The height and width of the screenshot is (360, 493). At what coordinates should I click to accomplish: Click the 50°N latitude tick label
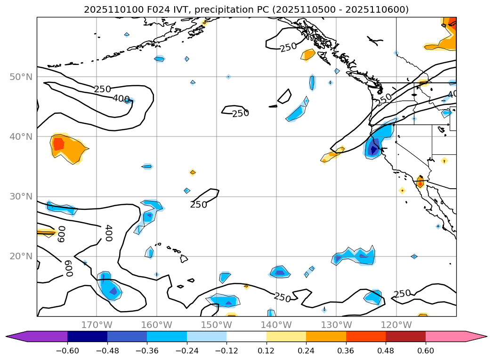(x=21, y=77)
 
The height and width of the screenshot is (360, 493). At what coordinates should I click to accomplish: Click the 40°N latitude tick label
(x=21, y=136)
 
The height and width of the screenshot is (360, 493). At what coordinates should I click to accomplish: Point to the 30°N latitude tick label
(x=21, y=197)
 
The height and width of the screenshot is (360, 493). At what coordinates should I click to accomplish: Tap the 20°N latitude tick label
(x=21, y=256)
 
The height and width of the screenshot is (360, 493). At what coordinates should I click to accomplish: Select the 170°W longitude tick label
(x=97, y=325)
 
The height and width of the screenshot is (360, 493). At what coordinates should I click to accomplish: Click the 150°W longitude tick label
(x=216, y=325)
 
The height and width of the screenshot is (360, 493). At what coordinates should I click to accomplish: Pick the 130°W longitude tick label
(x=336, y=325)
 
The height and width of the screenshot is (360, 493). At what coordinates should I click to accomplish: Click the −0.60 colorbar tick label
(x=67, y=350)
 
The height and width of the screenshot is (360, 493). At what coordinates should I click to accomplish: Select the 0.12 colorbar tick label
(x=267, y=350)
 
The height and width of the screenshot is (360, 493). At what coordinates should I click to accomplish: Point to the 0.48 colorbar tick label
(x=386, y=350)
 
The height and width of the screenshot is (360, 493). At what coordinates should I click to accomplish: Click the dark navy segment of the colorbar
(x=87, y=336)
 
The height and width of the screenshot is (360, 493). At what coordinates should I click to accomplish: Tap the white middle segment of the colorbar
(x=246, y=336)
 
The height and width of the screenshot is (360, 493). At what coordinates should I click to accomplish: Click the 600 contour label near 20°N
(x=68, y=268)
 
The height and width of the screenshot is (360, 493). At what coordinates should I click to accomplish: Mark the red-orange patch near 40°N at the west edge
(x=58, y=144)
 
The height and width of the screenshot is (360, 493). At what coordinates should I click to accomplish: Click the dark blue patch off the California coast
(x=373, y=150)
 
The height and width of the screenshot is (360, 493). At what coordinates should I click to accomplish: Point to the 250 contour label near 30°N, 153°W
(x=199, y=205)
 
